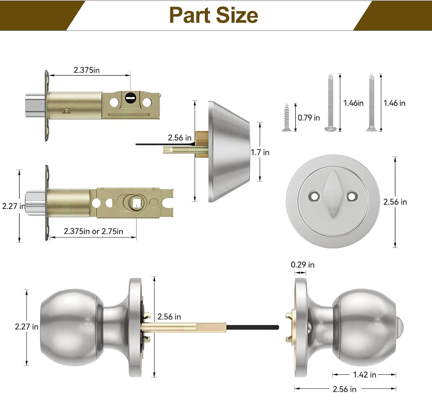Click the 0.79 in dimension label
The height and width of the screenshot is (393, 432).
coord(308,118)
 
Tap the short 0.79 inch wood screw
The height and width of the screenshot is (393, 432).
coord(287,118)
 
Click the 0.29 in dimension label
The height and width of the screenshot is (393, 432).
coord(302,264)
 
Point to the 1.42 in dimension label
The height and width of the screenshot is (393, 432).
coord(364,375)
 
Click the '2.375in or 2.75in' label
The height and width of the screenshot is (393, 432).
coord(93,231)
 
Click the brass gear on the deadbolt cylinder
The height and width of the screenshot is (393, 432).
coord(202,144)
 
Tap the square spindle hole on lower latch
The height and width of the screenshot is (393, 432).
coord(136,203)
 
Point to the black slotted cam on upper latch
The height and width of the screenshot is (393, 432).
coord(130,99)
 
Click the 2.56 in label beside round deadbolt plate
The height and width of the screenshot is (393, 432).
coord(395,202)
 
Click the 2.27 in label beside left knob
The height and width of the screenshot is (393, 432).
coord(26,327)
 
